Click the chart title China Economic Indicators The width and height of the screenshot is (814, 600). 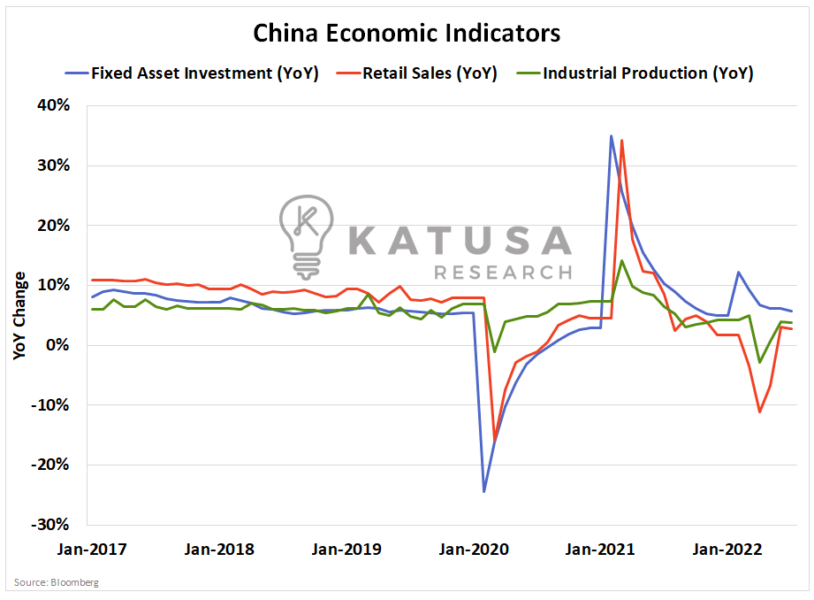tap(407, 34)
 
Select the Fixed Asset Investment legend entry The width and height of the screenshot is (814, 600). tap(204, 73)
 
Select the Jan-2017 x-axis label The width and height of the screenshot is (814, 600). tap(93, 549)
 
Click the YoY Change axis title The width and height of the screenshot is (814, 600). tap(19, 314)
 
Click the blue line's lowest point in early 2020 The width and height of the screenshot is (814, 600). tap(484, 491)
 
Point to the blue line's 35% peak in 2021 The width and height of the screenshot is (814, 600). tap(611, 135)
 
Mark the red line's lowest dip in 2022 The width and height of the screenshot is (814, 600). tap(759, 412)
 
